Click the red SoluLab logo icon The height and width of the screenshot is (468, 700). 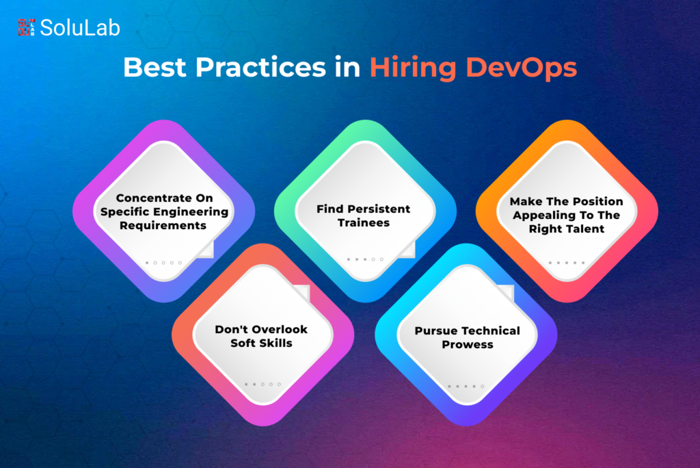pos(27,27)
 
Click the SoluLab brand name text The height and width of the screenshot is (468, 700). pos(80,27)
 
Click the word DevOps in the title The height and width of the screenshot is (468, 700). pos(528,68)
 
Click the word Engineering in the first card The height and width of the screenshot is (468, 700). pos(191,211)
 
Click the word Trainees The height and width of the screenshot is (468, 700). pos(364,222)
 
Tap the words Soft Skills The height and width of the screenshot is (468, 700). pos(261,342)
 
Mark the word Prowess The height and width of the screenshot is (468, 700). pos(468,344)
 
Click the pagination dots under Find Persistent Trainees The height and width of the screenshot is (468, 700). pos(365,259)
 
